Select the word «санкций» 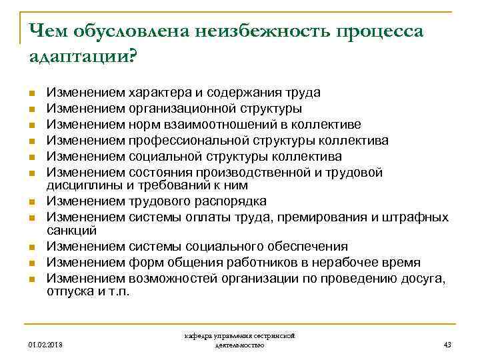point(72,230)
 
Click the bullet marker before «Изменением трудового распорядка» point(31,202)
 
